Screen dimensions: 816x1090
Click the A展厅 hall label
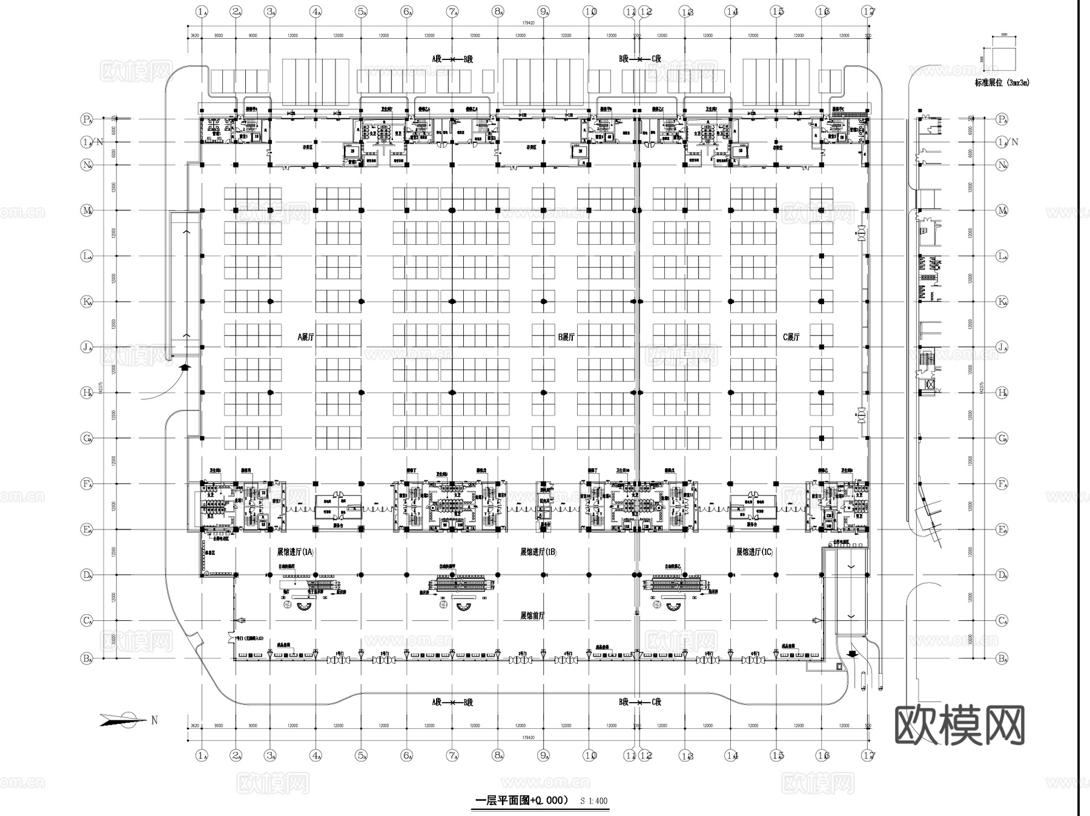[x=306, y=337]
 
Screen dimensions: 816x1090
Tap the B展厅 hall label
[x=566, y=337]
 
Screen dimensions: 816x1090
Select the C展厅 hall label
[x=791, y=337]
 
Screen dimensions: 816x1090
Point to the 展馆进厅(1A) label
[x=296, y=552]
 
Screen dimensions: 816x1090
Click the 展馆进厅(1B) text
[x=538, y=552]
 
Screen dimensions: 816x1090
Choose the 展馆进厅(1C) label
[x=755, y=552]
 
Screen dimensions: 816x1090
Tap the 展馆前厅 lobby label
[x=532, y=615]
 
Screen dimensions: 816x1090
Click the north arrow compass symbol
[x=124, y=720]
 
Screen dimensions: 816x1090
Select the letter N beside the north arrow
[x=154, y=720]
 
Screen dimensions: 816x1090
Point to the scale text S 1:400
[x=593, y=801]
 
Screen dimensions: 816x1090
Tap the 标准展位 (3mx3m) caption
[x=1002, y=83]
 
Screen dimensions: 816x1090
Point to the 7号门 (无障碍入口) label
[x=248, y=639]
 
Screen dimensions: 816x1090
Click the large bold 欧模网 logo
[x=959, y=725]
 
